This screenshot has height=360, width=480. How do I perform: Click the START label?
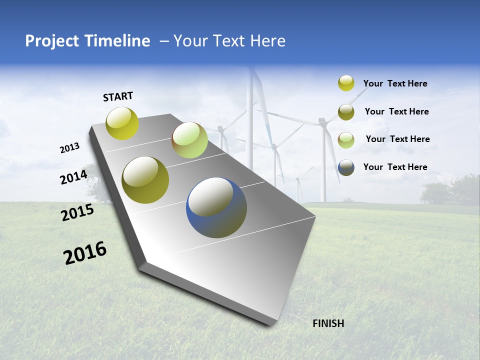(118, 96)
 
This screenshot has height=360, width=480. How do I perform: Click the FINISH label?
(328, 323)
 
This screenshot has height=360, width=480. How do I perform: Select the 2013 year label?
(69, 148)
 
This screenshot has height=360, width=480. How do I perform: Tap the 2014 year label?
(73, 177)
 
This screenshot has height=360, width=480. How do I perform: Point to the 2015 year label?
(77, 212)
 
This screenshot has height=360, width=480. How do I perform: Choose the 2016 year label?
(85, 253)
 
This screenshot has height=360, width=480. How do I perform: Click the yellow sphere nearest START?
(122, 123)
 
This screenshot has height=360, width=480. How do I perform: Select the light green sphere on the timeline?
(189, 140)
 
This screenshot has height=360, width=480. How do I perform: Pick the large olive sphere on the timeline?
(145, 180)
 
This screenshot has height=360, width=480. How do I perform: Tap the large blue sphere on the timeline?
(216, 207)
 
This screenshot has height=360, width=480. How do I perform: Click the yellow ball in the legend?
(346, 83)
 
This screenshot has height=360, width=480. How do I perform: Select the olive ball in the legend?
(346, 111)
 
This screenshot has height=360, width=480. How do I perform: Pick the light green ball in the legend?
(346, 139)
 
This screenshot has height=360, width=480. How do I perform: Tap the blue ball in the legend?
(346, 167)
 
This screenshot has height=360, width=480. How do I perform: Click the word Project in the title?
(51, 41)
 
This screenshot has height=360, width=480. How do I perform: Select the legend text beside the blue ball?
(395, 167)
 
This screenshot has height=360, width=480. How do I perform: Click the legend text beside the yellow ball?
(395, 83)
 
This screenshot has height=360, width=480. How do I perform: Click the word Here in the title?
(267, 41)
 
